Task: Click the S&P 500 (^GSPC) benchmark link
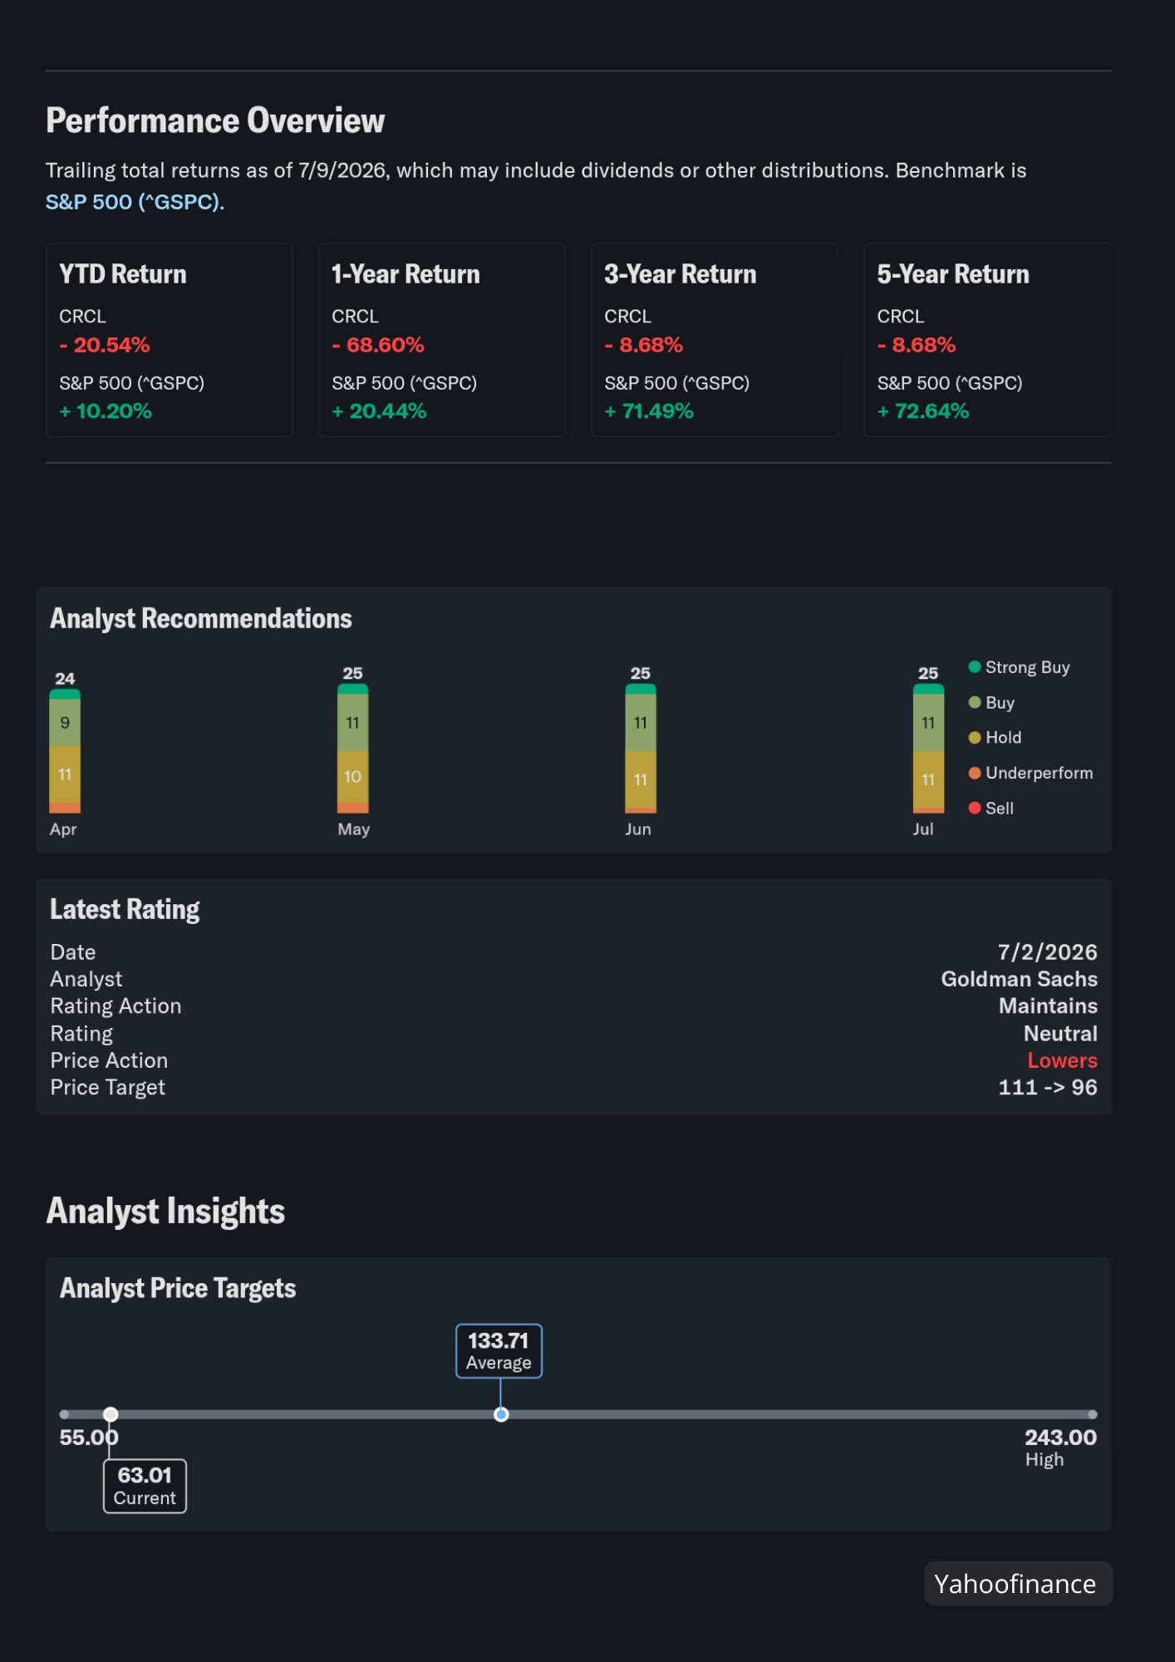133,202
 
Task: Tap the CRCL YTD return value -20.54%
105,345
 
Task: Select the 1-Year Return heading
406,274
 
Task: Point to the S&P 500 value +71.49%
649,411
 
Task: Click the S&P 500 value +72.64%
923,411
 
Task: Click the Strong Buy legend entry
1019,667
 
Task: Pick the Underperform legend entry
1030,773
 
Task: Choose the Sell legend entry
991,808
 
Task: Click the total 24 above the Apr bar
65,678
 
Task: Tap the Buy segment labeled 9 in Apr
65,723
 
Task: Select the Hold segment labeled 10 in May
353,777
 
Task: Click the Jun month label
638,829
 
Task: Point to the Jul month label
923,829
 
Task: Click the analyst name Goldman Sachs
1019,979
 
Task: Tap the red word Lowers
1062,1060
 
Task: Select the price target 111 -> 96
1048,1088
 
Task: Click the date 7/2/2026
1047,952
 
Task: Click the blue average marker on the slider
501,1414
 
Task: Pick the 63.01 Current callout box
145,1486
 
